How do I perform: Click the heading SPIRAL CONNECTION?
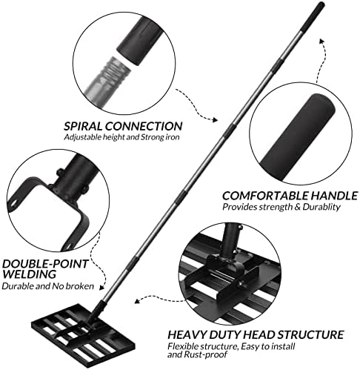[123, 126]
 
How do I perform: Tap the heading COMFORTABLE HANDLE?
[290, 196]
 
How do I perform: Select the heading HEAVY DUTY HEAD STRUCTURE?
[256, 334]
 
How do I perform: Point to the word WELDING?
[29, 274]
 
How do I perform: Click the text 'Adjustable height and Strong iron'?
[121, 137]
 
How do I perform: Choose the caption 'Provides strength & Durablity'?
[281, 207]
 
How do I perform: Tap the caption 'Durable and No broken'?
[48, 286]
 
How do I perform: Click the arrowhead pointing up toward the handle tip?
[321, 41]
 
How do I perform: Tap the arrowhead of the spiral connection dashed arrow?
[215, 120]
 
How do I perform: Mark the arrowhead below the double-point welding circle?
[101, 287]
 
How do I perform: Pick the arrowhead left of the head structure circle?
[137, 301]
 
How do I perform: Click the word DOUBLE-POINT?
[45, 264]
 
